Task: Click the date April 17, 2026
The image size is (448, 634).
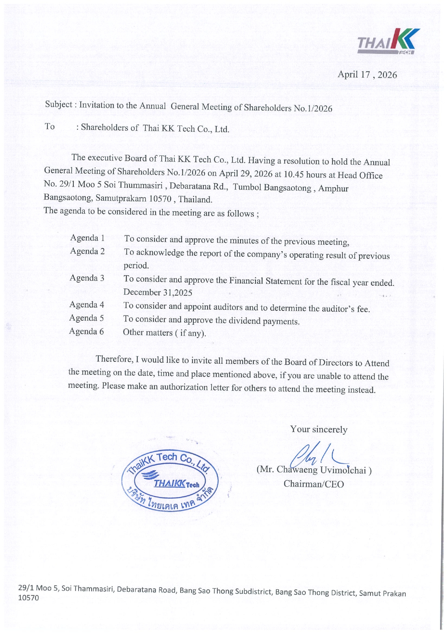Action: click(367, 75)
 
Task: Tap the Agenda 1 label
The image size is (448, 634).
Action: click(87, 238)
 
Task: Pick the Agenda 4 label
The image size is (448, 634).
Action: click(87, 305)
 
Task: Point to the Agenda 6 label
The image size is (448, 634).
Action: click(86, 331)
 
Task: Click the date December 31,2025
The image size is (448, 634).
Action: click(157, 292)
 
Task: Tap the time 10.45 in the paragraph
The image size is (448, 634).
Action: click(294, 174)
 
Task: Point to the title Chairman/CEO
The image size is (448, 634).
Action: click(313, 484)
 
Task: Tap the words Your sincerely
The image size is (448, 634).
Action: click(318, 429)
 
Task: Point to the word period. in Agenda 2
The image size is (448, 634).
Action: click(136, 266)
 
